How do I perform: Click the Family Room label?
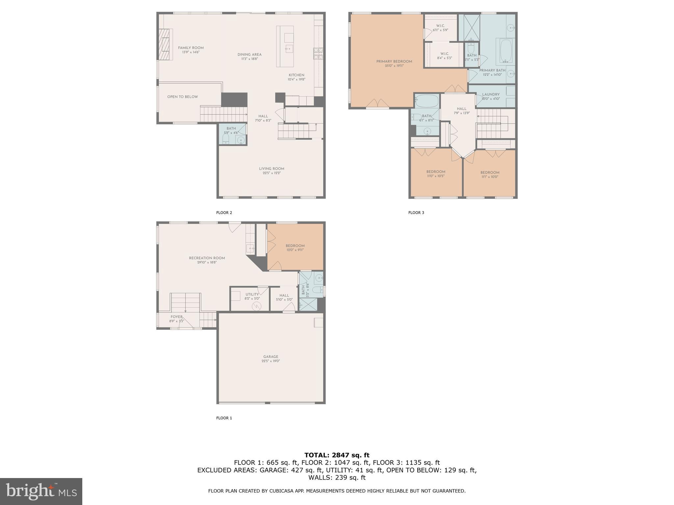coord(191,48)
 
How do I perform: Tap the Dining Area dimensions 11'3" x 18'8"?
coord(249,59)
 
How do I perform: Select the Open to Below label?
coord(182,97)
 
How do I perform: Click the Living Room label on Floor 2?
coord(271,169)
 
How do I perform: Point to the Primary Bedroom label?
coord(394,61)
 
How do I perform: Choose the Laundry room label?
coord(490,95)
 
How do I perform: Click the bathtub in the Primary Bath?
coord(506,51)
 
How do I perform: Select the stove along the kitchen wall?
coord(318,54)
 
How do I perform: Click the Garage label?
coord(271,357)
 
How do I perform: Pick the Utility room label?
coord(252,295)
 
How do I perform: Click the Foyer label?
coord(176,317)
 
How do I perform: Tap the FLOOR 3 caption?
coord(416,213)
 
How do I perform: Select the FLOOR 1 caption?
coord(224,418)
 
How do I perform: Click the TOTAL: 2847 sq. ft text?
coord(337,455)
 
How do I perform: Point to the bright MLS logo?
coord(41,492)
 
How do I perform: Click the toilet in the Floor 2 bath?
coord(226,139)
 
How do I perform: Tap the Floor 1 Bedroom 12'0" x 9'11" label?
coord(295,246)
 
